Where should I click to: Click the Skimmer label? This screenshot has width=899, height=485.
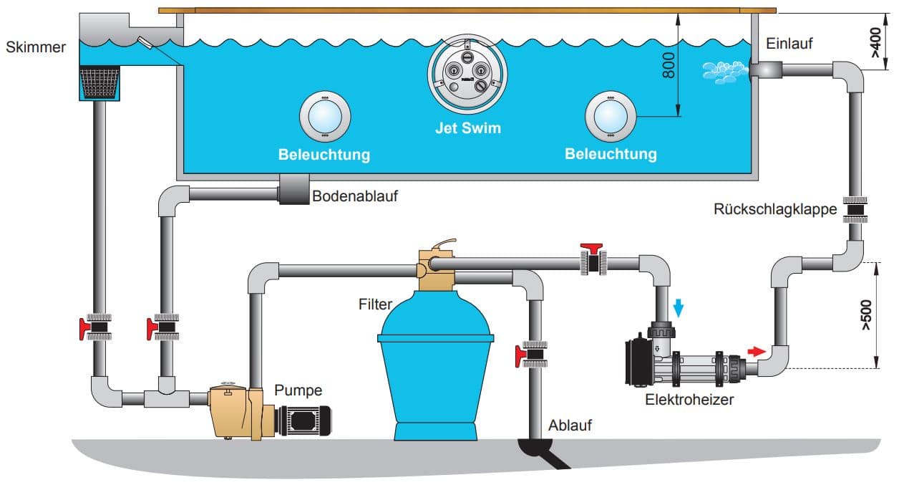click(35, 47)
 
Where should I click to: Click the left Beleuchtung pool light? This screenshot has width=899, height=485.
click(324, 115)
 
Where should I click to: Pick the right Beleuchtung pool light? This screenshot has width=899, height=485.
click(611, 115)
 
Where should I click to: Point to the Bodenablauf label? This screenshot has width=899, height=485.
click(355, 195)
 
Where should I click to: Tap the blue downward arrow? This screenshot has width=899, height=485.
click(679, 307)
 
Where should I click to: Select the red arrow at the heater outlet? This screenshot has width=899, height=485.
click(756, 351)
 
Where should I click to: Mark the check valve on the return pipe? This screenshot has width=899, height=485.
click(855, 209)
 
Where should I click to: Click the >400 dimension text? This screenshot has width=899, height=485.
click(875, 42)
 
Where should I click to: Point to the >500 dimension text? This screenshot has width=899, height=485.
click(866, 316)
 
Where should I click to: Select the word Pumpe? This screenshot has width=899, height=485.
click(298, 390)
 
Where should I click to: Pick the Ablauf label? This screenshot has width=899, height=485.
click(570, 426)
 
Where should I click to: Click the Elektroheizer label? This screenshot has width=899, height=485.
click(689, 400)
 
